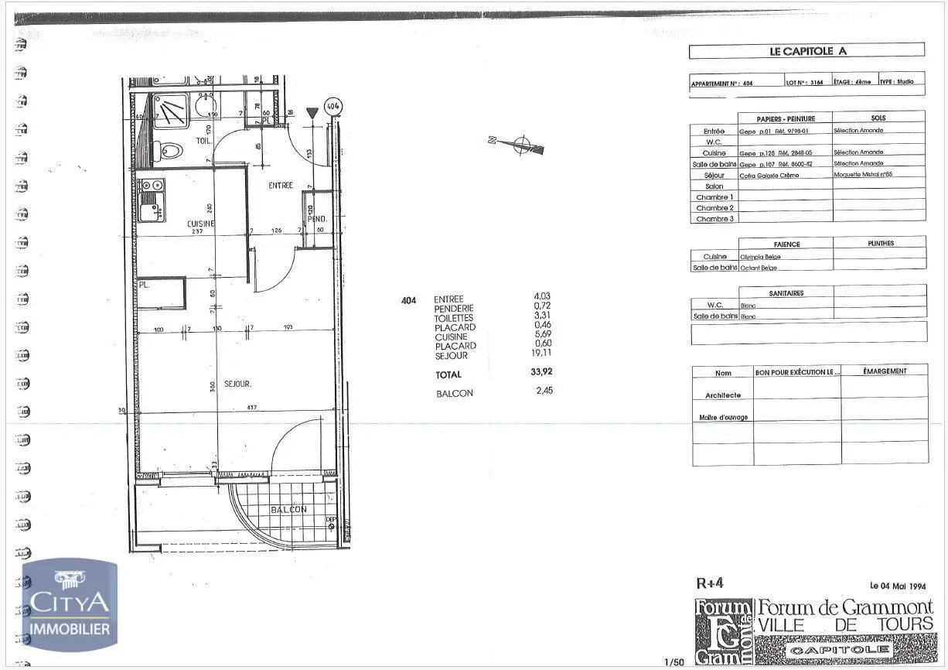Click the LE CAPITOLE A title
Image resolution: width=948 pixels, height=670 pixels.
pos(806,51)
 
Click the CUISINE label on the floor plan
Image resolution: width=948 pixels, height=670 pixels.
pos(200,223)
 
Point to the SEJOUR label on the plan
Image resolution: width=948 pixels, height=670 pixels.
pos(238,384)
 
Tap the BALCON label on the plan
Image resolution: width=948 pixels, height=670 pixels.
pos(288,510)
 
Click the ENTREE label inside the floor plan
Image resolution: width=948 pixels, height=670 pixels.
pos(281,186)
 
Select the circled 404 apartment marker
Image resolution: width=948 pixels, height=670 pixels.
pos(333,105)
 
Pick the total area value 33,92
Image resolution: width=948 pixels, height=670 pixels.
pos(541,372)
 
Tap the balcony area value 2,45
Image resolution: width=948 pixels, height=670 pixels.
pos(544,391)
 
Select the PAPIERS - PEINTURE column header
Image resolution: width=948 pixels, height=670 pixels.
pos(784,118)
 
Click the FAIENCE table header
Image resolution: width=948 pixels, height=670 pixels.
pos(786,244)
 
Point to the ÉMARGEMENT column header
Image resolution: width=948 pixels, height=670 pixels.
pos(885,371)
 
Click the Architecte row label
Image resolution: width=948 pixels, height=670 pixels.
pos(723,395)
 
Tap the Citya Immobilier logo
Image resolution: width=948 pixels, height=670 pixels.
pos(70,604)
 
